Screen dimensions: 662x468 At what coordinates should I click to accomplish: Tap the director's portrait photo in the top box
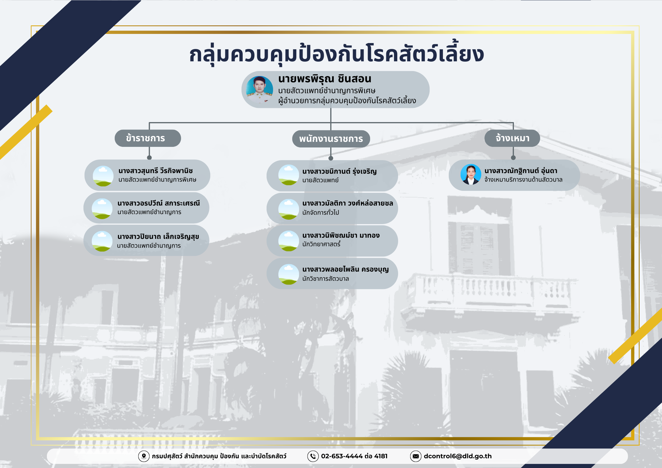point(259,89)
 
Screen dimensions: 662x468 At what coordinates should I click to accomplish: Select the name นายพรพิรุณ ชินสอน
point(325,79)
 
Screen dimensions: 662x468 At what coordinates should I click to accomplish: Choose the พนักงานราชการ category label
point(331,139)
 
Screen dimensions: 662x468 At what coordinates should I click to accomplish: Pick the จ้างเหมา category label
point(512,138)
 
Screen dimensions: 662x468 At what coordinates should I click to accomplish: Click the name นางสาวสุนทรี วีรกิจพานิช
point(155,171)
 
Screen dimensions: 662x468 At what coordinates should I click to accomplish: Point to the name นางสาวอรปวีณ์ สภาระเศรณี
point(159,203)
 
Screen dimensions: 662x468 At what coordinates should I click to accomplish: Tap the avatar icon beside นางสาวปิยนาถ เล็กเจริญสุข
point(102,241)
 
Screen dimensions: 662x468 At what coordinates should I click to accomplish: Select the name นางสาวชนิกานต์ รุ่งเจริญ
point(339,171)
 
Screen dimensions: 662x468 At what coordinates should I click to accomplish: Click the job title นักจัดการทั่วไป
point(321,212)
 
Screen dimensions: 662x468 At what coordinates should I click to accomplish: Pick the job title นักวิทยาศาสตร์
point(321,244)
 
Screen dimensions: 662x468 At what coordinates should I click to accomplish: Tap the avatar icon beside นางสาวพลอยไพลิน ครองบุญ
point(289,274)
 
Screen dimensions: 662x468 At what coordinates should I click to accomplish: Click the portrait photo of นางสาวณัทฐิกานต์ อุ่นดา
point(471,174)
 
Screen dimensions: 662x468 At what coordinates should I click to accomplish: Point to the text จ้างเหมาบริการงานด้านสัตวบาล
point(523,180)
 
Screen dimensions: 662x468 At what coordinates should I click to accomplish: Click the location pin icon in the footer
point(144,456)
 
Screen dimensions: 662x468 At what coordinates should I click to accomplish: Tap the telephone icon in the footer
point(313,456)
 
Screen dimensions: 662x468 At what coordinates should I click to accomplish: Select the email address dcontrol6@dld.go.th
point(458,456)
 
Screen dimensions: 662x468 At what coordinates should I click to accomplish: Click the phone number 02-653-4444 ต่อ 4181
point(354,456)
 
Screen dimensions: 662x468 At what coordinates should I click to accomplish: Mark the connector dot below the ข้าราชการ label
point(150,157)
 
